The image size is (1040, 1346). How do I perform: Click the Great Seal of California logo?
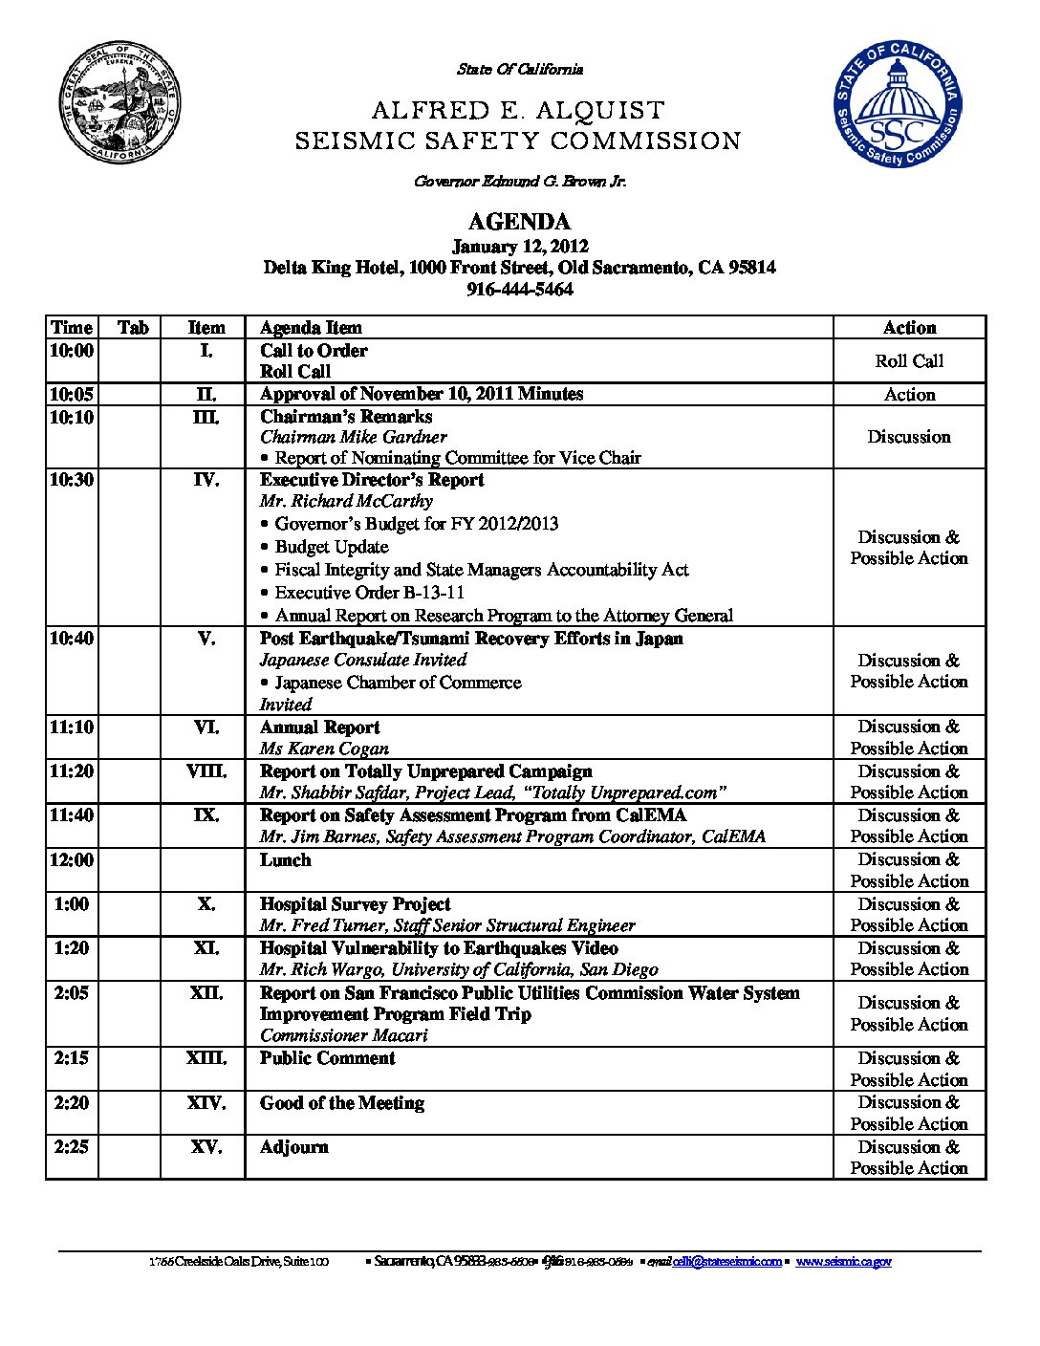click(x=120, y=102)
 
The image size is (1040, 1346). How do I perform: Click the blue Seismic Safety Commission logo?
click(x=897, y=104)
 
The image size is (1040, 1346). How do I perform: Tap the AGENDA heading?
click(x=519, y=222)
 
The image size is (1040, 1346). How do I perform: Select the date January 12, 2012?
click(x=519, y=247)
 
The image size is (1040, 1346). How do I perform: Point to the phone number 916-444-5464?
click(x=519, y=289)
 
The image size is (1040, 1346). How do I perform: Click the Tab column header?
click(x=133, y=328)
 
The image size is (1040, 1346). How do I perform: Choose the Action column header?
click(x=908, y=328)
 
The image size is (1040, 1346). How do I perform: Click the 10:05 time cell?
click(x=72, y=394)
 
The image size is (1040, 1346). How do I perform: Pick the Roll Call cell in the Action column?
click(x=908, y=361)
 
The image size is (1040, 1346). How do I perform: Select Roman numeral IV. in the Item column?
click(x=206, y=480)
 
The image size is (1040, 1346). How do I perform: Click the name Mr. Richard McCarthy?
click(x=346, y=501)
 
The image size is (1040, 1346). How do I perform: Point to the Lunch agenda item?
click(x=285, y=860)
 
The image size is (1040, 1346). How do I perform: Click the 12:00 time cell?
click(x=72, y=860)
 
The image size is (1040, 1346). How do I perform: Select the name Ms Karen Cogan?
click(x=324, y=749)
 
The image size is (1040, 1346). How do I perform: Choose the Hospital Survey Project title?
click(x=355, y=904)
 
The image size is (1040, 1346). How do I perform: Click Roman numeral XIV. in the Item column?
click(x=206, y=1103)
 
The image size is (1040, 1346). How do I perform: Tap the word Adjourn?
click(x=293, y=1147)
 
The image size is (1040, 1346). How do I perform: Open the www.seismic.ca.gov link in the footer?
click(x=843, y=1262)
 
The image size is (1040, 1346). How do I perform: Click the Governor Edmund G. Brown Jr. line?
click(x=519, y=181)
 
